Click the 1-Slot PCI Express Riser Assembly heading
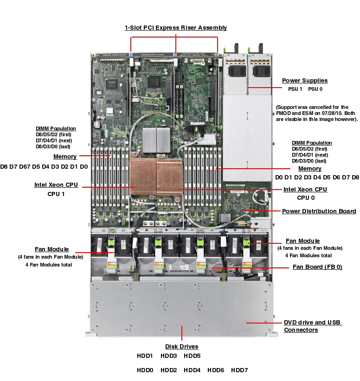click(176, 28)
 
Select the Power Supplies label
click(304, 81)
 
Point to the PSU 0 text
click(315, 89)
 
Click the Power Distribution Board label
click(319, 211)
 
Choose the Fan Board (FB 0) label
click(317, 267)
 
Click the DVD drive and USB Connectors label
click(312, 326)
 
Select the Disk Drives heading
click(181, 347)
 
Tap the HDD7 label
click(239, 370)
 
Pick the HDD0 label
click(145, 370)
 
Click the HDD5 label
click(192, 356)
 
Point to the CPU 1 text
click(56, 194)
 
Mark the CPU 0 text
click(305, 198)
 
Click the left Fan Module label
click(51, 249)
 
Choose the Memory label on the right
click(309, 169)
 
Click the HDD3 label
click(169, 356)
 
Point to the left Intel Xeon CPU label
click(56, 185)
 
